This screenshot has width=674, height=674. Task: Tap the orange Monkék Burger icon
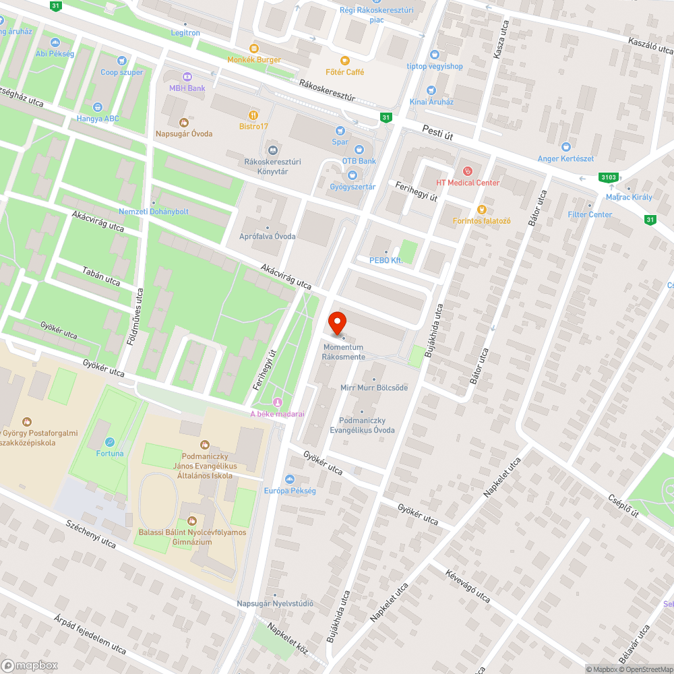253,48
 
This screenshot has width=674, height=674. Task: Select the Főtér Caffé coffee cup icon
346,60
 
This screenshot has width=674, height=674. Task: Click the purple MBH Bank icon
187,77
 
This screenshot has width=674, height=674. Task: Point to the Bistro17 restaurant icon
253,115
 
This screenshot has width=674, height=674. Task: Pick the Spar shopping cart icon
340,131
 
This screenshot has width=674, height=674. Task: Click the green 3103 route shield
608,177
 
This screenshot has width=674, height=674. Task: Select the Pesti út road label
437,135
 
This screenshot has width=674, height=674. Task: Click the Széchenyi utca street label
91,534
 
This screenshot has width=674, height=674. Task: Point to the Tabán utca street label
101,276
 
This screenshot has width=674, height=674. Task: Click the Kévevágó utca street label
467,586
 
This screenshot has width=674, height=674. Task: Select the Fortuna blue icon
109,442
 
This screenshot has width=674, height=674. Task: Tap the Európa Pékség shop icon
290,479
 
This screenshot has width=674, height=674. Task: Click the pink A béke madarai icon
276,402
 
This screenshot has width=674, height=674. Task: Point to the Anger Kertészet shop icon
565,147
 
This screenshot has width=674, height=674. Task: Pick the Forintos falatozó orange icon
481,209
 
